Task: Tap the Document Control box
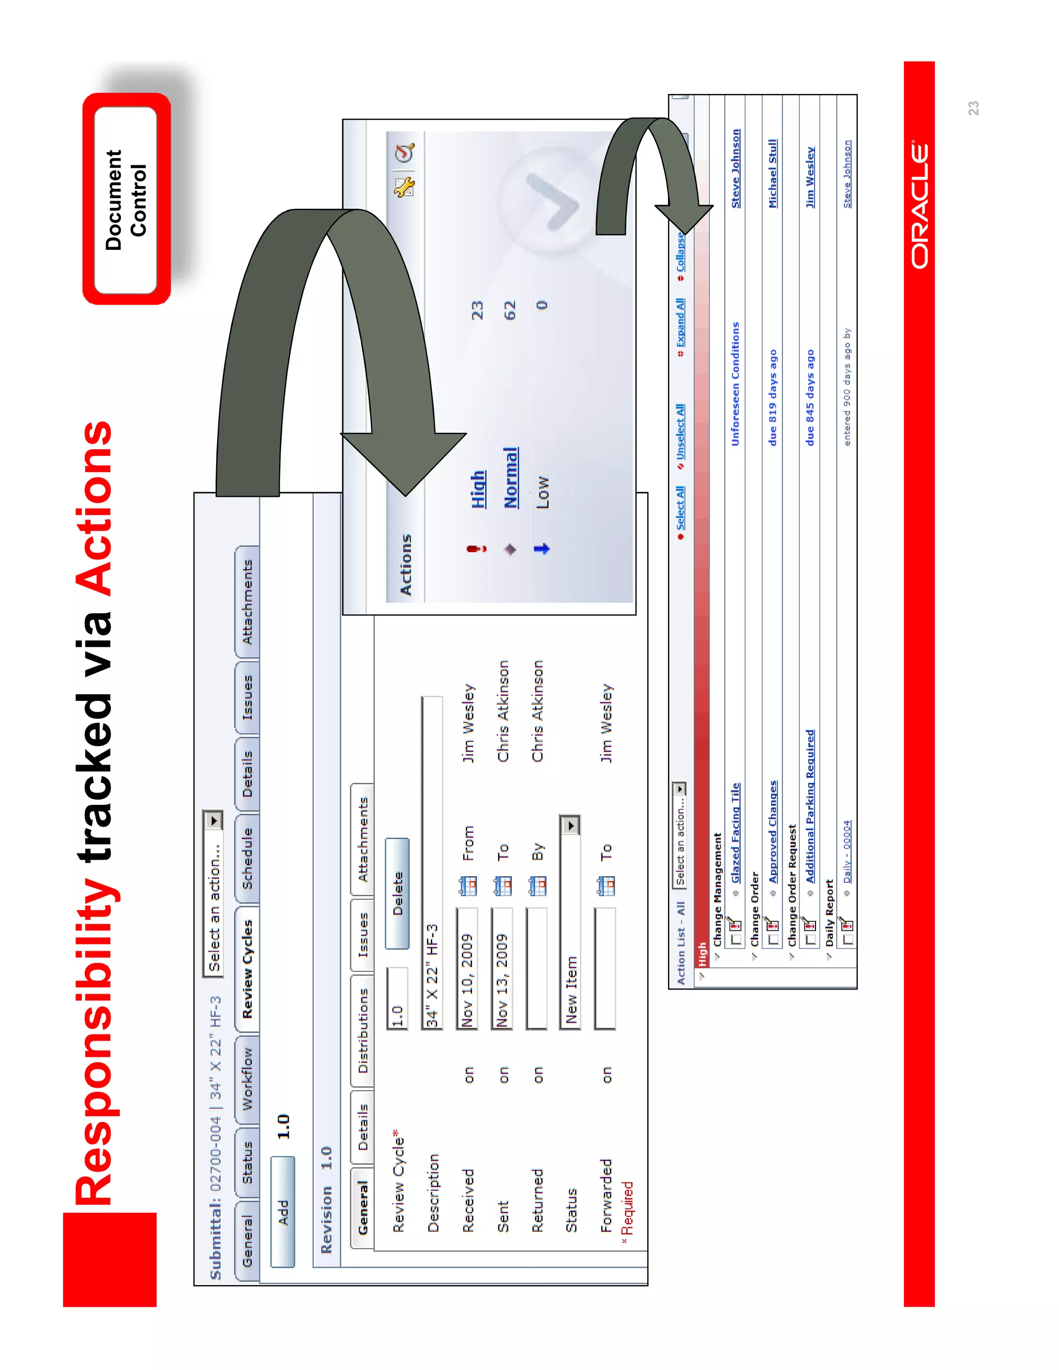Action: tap(126, 200)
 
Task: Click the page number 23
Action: tap(973, 109)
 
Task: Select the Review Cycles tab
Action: tap(247, 968)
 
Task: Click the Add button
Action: tap(283, 1212)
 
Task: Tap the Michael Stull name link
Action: tap(773, 173)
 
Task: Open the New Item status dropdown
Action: tap(570, 826)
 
